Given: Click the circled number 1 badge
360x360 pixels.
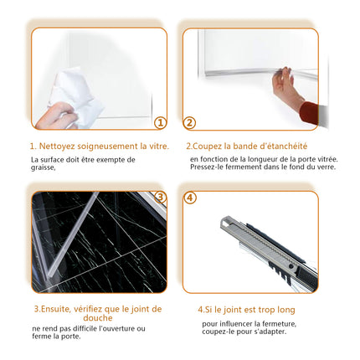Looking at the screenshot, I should tap(161, 122).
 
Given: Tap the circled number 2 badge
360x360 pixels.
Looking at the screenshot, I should tap(190, 122).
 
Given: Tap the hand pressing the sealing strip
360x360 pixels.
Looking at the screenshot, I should tap(285, 85).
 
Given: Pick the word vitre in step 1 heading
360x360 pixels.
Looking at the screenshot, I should tap(157, 146).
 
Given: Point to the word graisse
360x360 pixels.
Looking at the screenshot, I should tap(43, 167).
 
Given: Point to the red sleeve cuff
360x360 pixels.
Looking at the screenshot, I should tap(309, 112).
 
